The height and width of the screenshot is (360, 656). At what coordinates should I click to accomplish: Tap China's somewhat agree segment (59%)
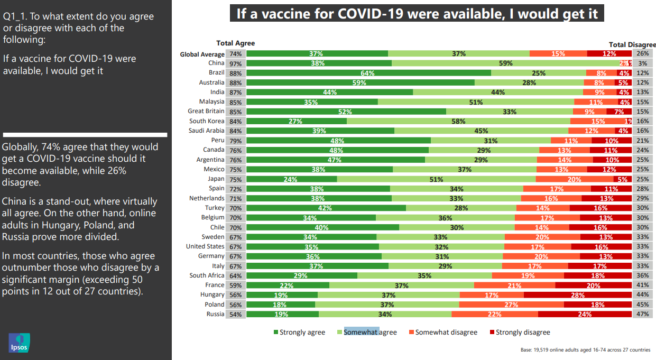(505, 63)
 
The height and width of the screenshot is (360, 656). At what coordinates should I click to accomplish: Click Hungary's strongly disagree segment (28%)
(577, 295)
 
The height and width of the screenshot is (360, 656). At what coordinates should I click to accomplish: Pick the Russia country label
(215, 314)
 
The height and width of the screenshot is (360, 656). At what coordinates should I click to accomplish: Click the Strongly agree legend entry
(299, 333)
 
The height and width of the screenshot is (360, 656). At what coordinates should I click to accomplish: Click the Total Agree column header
(235, 43)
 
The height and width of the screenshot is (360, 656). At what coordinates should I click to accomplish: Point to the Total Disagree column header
(632, 45)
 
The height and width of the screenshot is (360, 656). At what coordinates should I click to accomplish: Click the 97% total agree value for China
(235, 63)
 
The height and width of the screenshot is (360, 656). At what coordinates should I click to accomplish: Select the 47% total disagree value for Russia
(642, 314)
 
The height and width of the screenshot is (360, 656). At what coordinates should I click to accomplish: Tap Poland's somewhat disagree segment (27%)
(511, 304)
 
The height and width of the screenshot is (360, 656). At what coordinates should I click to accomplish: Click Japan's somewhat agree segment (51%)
(436, 179)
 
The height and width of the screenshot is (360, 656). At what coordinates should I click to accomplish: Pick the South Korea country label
(207, 121)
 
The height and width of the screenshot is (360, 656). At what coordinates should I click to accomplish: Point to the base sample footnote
(585, 350)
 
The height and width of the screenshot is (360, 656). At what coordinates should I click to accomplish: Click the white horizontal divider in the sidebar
(85, 135)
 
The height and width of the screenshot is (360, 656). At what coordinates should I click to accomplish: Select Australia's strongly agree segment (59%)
(360, 82)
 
